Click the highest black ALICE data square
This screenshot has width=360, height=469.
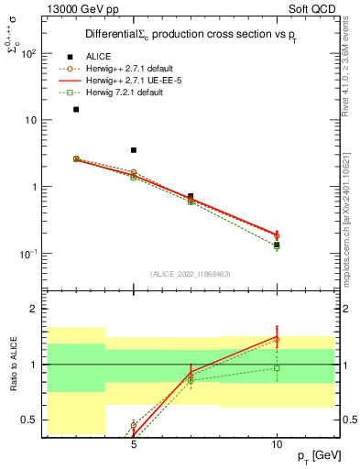pos(76,109)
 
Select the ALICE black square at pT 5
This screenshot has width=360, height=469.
pos(134,150)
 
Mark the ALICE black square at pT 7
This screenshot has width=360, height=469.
pos(191,196)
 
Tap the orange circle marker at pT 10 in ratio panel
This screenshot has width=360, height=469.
pos(277,340)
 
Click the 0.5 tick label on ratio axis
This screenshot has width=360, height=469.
pos(29,420)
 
